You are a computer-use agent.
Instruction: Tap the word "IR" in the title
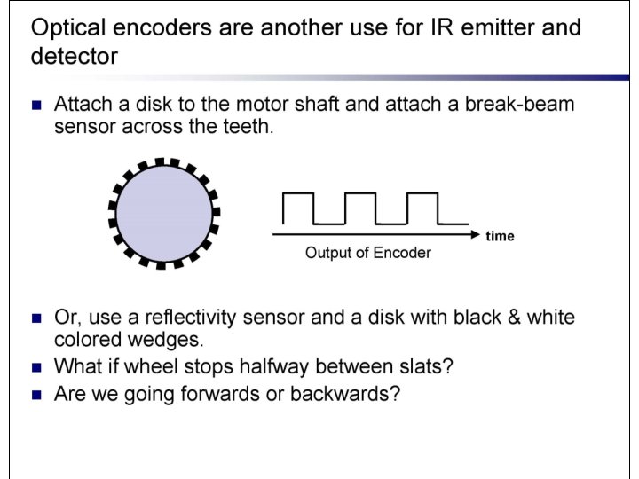[x=422, y=27]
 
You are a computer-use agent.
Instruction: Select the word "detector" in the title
[x=74, y=58]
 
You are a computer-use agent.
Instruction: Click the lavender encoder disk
[x=164, y=213]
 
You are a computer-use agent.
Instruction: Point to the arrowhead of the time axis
[x=475, y=235]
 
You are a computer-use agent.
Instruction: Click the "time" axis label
[x=500, y=236]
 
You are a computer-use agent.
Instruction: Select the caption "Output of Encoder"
[x=367, y=253]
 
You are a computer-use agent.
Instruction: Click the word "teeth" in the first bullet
[x=241, y=127]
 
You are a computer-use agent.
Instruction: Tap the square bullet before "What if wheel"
[x=36, y=366]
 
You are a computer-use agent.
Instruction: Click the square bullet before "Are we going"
[x=36, y=394]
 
